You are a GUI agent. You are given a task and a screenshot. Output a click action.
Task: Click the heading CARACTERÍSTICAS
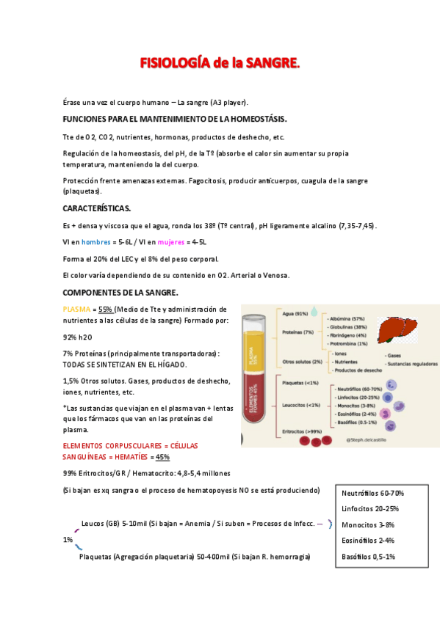tap(98, 208)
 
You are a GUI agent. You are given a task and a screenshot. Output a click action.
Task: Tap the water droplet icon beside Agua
tap(314, 312)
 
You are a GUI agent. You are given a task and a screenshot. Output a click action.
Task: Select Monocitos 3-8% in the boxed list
tap(368, 524)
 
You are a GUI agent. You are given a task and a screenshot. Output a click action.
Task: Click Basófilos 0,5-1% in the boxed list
tap(368, 557)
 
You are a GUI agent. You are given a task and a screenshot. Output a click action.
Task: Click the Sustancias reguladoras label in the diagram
tap(411, 363)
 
